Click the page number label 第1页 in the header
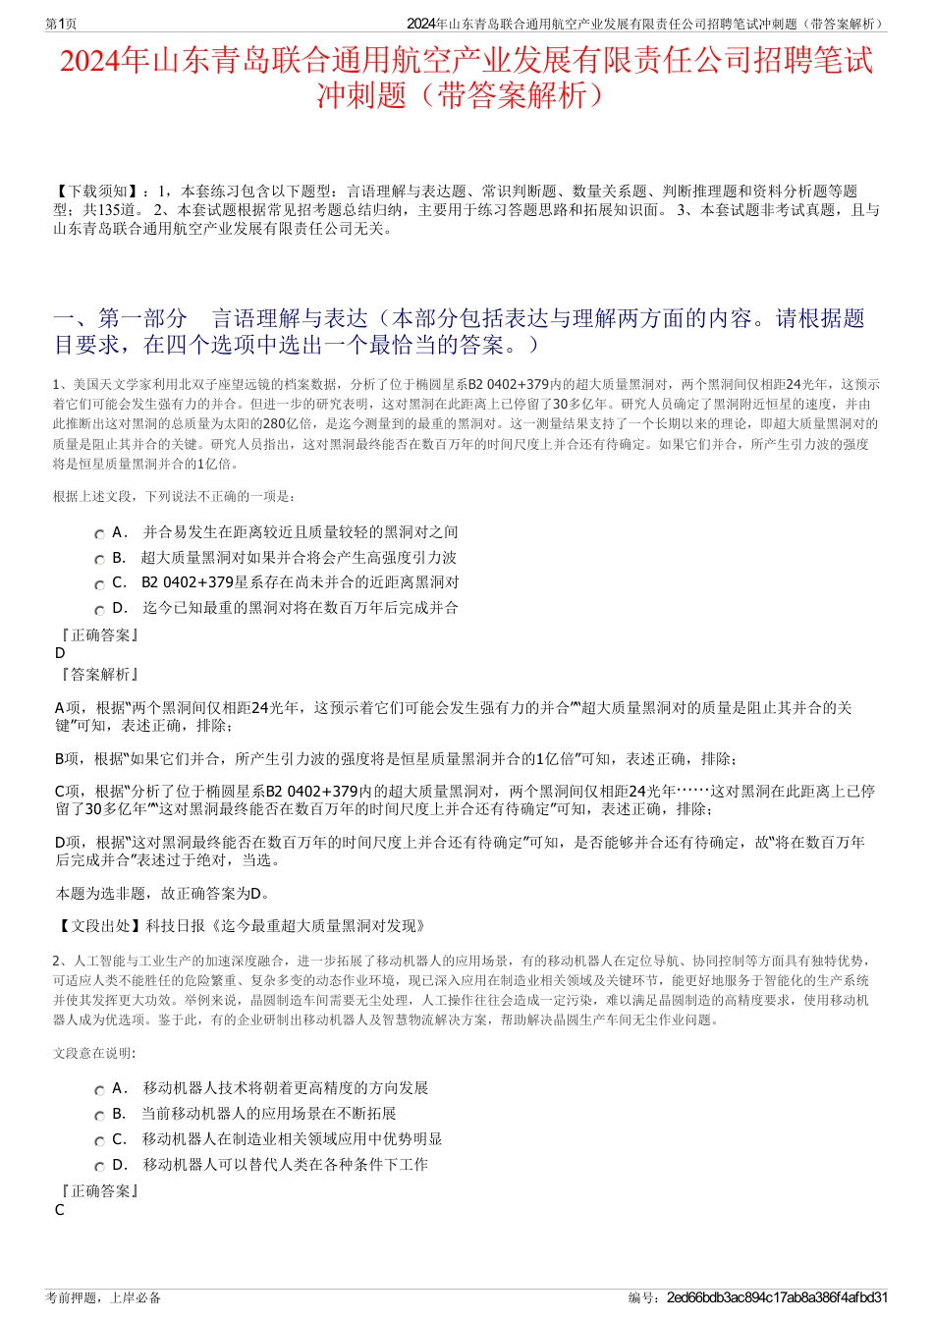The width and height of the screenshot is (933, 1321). (62, 24)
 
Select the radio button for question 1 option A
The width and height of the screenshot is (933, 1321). (100, 533)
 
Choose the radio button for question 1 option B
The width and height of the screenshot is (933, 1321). (100, 559)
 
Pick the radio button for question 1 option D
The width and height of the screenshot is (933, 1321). (100, 609)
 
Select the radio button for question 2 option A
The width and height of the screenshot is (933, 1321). (100, 1089)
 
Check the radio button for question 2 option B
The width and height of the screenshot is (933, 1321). (100, 1115)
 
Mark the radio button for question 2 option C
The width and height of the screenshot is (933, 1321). (100, 1140)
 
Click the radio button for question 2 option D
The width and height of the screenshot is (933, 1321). (100, 1166)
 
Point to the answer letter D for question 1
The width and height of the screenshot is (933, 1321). (60, 653)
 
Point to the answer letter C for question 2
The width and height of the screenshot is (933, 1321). (60, 1210)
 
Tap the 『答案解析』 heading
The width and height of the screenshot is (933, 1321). (97, 674)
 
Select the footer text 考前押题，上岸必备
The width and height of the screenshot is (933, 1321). (103, 1297)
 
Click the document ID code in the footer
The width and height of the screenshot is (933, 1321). (777, 1297)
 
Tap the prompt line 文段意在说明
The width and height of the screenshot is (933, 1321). (94, 1053)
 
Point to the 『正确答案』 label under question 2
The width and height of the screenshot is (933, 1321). (97, 1190)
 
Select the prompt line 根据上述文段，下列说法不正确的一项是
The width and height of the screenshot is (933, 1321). (174, 496)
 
